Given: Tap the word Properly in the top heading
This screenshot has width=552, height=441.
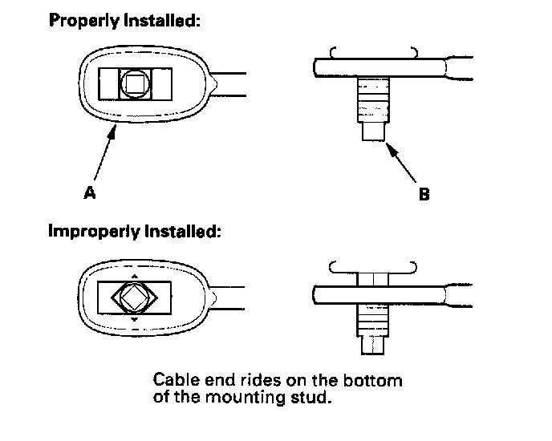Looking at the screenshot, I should (x=82, y=21).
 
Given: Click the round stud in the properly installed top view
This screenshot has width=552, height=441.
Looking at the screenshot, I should (x=135, y=83).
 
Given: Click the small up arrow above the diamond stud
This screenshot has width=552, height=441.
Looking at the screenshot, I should (x=134, y=276).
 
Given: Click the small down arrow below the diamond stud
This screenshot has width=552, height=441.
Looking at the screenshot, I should (x=134, y=320).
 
